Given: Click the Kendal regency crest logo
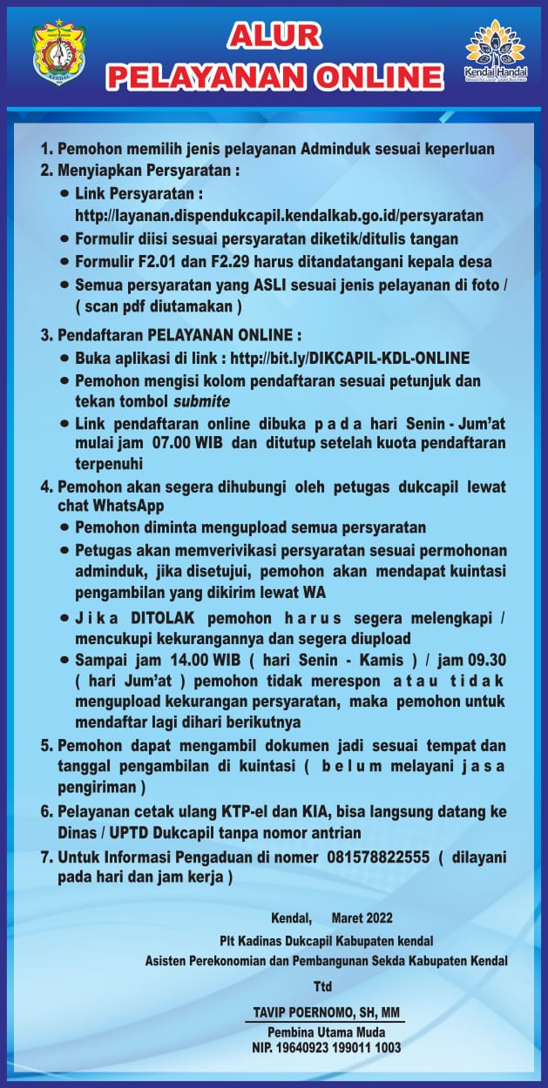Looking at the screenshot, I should (x=59, y=54).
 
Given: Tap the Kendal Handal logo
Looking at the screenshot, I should (x=495, y=53).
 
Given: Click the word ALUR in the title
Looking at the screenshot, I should (x=275, y=36).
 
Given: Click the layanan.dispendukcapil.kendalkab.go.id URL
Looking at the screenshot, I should (x=280, y=215).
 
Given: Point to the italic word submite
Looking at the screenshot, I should (x=202, y=400).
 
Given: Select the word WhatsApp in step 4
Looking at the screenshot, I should (x=129, y=506).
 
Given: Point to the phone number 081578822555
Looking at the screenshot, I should (x=379, y=857).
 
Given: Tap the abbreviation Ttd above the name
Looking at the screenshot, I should (x=323, y=987).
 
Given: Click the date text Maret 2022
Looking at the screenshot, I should (x=362, y=918).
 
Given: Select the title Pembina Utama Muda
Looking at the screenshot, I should (x=323, y=1032).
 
